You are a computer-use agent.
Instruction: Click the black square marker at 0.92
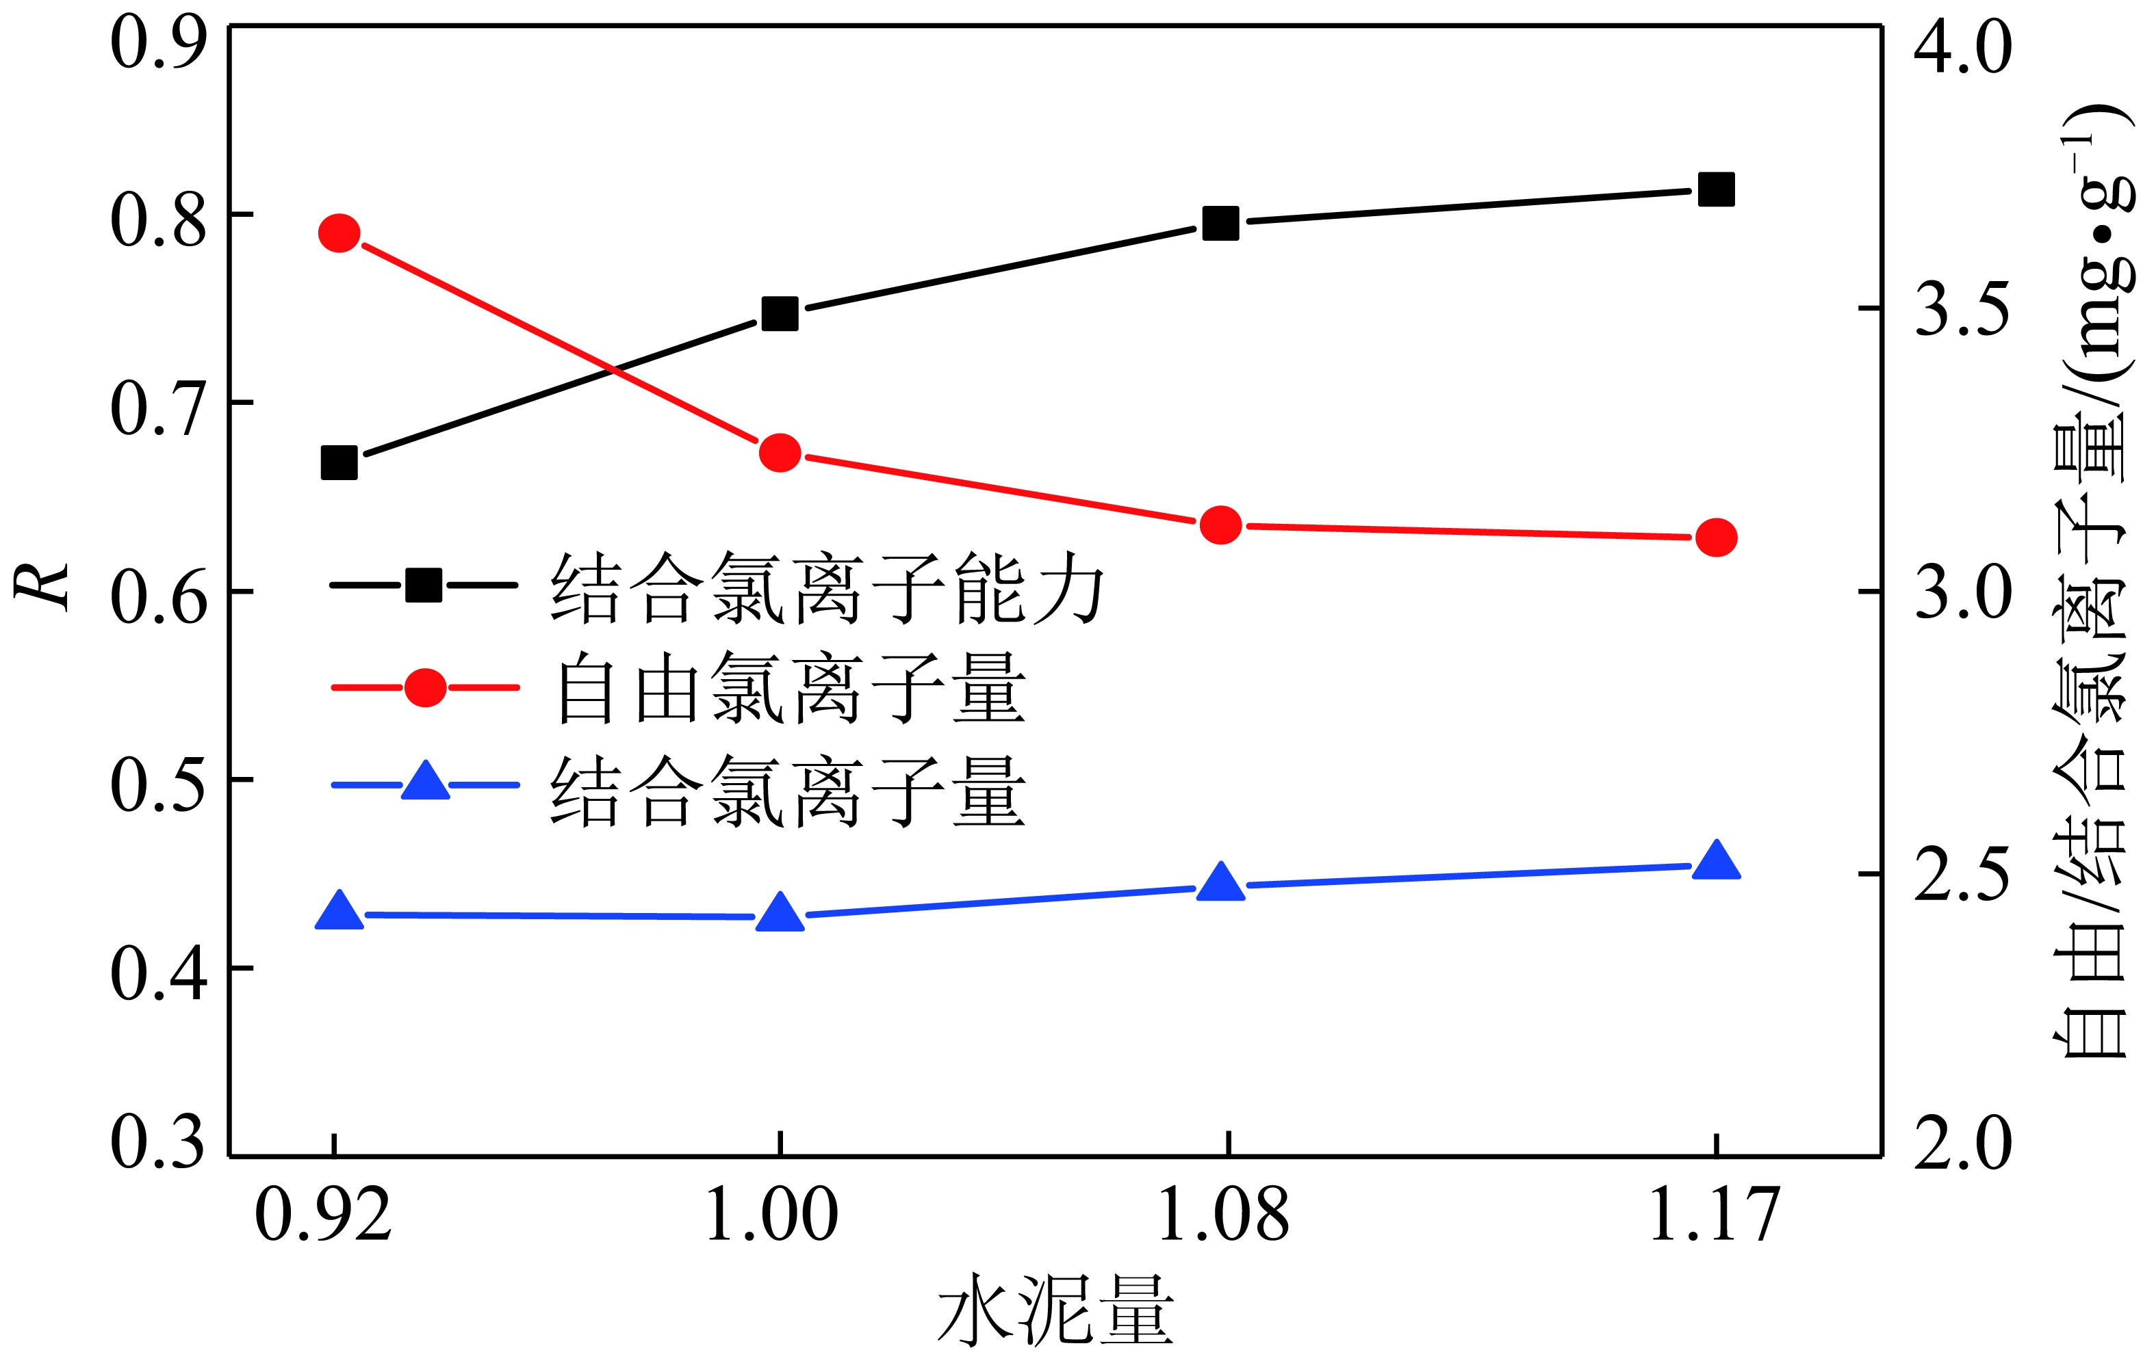[x=339, y=462]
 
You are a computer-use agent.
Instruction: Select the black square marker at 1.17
[x=1716, y=189]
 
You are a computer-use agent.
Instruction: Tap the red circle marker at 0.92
[x=339, y=233]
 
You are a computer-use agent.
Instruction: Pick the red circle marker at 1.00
[x=780, y=453]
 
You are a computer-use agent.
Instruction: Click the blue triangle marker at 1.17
[x=1716, y=861]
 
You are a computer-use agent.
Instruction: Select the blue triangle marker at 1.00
[x=780, y=912]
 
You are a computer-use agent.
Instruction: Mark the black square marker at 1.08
[x=1220, y=222]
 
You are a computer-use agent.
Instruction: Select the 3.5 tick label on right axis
[x=1962, y=310]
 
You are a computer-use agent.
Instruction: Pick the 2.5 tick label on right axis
[x=1962, y=875]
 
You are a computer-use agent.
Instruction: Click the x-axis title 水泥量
[x=1056, y=1310]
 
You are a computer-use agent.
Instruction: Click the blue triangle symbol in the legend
[x=426, y=783]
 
